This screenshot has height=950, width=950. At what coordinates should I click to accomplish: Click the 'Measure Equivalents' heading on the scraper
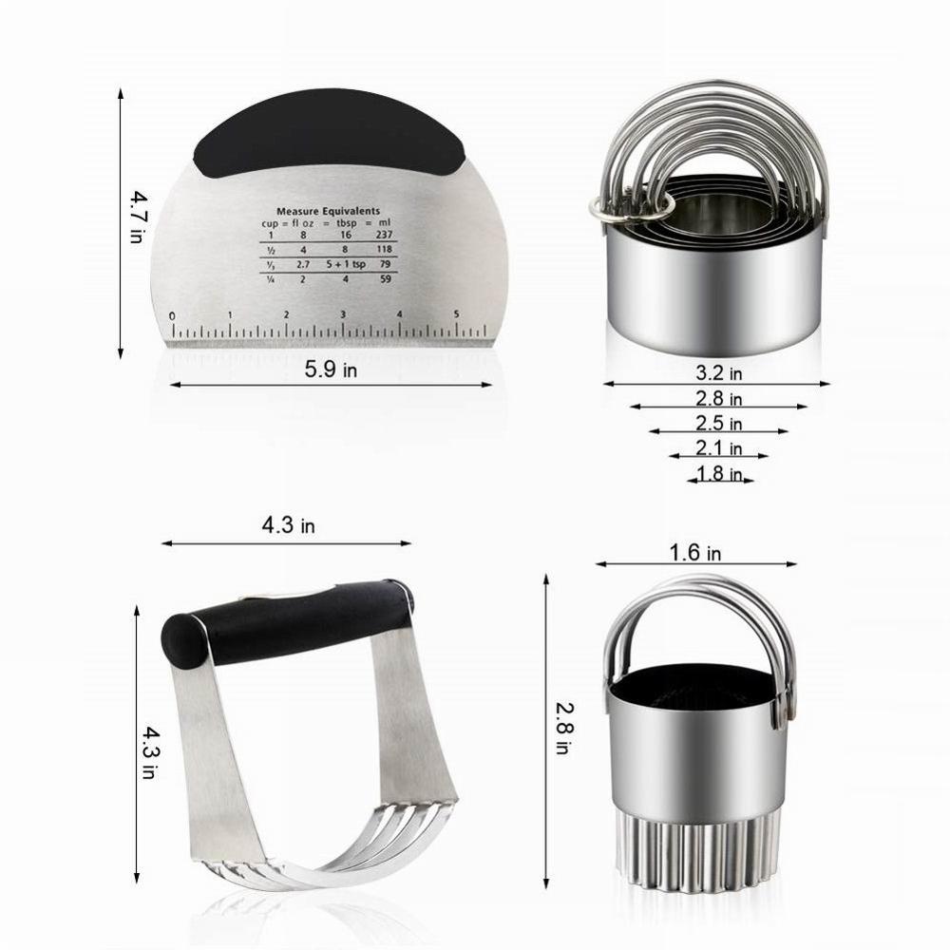[x=328, y=211]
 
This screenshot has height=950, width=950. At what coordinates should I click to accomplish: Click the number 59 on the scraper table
[x=385, y=279]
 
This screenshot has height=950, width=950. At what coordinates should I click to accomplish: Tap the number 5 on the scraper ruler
[x=457, y=314]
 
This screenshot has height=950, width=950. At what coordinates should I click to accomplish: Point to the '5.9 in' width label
[x=331, y=370]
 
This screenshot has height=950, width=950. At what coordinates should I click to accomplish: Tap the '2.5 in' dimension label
[x=718, y=423]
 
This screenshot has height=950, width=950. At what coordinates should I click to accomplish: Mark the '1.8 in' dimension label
[x=718, y=473]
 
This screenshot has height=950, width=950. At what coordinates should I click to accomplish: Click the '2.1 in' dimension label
[x=718, y=448]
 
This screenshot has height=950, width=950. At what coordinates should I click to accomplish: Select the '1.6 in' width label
[x=696, y=552]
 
